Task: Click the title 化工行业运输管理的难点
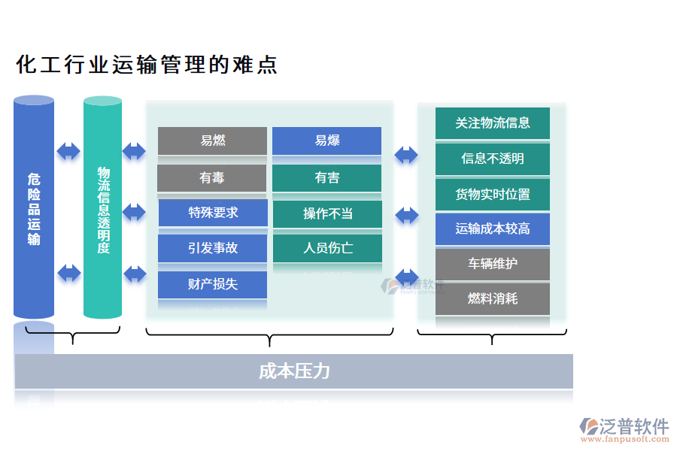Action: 147,65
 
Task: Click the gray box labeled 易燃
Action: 212,141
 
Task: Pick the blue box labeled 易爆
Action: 326,141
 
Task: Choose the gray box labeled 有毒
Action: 212,178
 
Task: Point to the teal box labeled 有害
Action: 326,178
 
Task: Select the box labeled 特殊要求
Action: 213,213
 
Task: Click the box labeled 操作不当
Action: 327,213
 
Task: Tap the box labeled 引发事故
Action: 213,248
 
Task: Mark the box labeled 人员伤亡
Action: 327,248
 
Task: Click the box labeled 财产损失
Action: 213,284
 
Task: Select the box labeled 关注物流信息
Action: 492,123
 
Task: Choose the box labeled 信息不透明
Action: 492,159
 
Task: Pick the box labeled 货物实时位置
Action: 492,194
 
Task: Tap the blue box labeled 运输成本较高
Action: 492,229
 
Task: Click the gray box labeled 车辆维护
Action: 492,264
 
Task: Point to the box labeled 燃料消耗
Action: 492,298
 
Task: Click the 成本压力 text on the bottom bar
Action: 294,371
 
